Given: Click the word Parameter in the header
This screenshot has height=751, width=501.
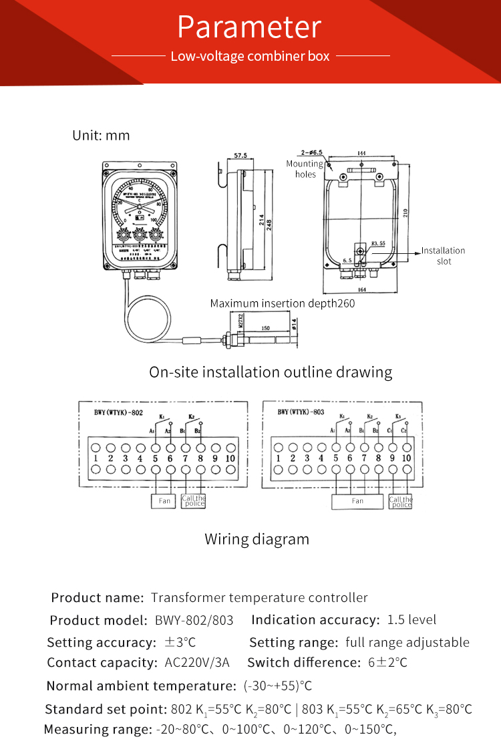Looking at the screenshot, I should [250, 27].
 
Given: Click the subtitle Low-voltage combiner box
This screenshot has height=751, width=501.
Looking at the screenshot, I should [250, 56].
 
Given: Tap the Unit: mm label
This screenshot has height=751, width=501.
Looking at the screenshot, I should [101, 136].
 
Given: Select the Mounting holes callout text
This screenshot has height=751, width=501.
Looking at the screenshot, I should [305, 169].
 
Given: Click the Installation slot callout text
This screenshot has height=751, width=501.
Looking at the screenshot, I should [443, 256].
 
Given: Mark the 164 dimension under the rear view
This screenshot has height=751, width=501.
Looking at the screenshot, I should [361, 289].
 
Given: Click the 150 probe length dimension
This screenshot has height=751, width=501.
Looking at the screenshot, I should [265, 328].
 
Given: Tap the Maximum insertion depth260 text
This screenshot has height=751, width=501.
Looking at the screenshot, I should [283, 303].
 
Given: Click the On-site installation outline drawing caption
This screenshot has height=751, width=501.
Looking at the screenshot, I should [271, 371].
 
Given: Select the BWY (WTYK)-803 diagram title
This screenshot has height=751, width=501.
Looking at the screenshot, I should [301, 412].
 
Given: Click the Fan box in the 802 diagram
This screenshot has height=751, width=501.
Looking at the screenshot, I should [164, 500].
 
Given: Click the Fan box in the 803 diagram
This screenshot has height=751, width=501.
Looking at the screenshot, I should [357, 501].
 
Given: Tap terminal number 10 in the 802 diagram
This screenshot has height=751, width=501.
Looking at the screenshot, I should [230, 458].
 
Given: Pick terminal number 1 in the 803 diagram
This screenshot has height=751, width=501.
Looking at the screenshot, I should [279, 458].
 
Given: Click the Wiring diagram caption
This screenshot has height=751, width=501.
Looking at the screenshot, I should [257, 539].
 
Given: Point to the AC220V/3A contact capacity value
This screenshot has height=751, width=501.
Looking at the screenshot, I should [197, 663].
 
